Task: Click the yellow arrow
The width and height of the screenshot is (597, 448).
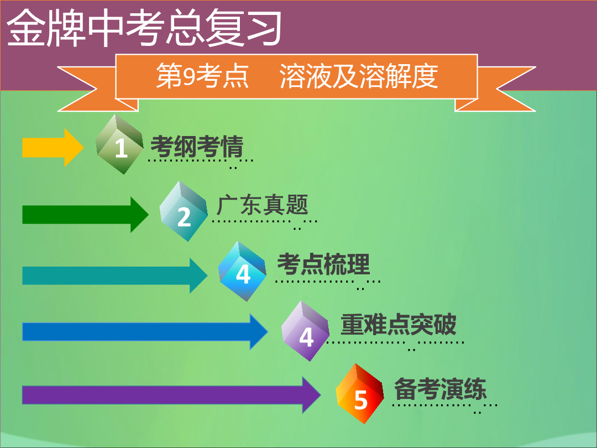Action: [x=53, y=148]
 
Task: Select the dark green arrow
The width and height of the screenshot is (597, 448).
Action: [x=85, y=215]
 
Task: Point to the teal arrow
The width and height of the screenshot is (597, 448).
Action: [x=115, y=275]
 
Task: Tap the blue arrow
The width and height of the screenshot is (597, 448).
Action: [x=145, y=331]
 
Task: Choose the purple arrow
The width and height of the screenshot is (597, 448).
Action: [x=171, y=395]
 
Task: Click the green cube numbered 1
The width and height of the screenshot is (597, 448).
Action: [x=119, y=144]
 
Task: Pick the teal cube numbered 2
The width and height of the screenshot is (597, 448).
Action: [x=184, y=211]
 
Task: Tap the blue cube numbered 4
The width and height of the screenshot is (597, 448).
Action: [x=242, y=271]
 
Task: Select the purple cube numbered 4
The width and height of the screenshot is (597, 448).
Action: [x=305, y=331]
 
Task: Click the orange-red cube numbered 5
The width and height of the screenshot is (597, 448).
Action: [x=360, y=394]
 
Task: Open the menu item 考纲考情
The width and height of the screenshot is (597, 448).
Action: [x=197, y=147]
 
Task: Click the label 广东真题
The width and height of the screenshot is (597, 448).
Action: [x=263, y=205]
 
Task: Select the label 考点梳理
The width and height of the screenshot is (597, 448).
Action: [x=323, y=264]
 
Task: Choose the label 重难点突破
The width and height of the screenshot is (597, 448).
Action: [x=398, y=325]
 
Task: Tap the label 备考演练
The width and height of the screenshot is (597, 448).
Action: [x=441, y=389]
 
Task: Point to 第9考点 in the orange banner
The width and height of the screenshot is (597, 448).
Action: [x=202, y=76]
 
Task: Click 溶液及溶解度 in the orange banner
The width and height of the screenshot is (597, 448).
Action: [x=359, y=76]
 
